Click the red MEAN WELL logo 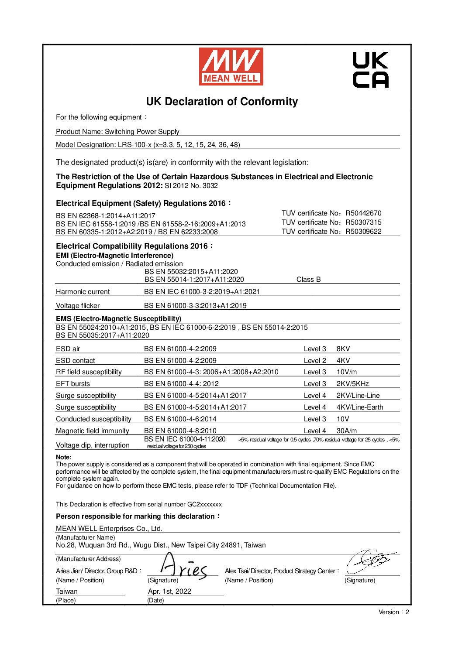click(231, 66)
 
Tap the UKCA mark click(370, 70)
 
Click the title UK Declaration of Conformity click(222, 102)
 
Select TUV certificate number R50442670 click(363, 213)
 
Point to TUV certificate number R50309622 click(363, 232)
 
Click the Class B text click(308, 280)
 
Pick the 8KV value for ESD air click(343, 349)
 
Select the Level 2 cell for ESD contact click(315, 361)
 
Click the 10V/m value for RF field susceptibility click(346, 372)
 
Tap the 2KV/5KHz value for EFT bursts click(352, 384)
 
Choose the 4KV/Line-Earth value click(359, 407)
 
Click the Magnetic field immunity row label click(93, 431)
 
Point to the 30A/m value click(346, 431)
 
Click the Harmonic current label click(83, 292)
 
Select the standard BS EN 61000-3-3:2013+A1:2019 click(195, 306)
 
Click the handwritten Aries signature click(183, 567)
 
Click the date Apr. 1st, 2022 click(169, 591)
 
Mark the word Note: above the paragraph click(64, 457)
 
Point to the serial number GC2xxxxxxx click(204, 504)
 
